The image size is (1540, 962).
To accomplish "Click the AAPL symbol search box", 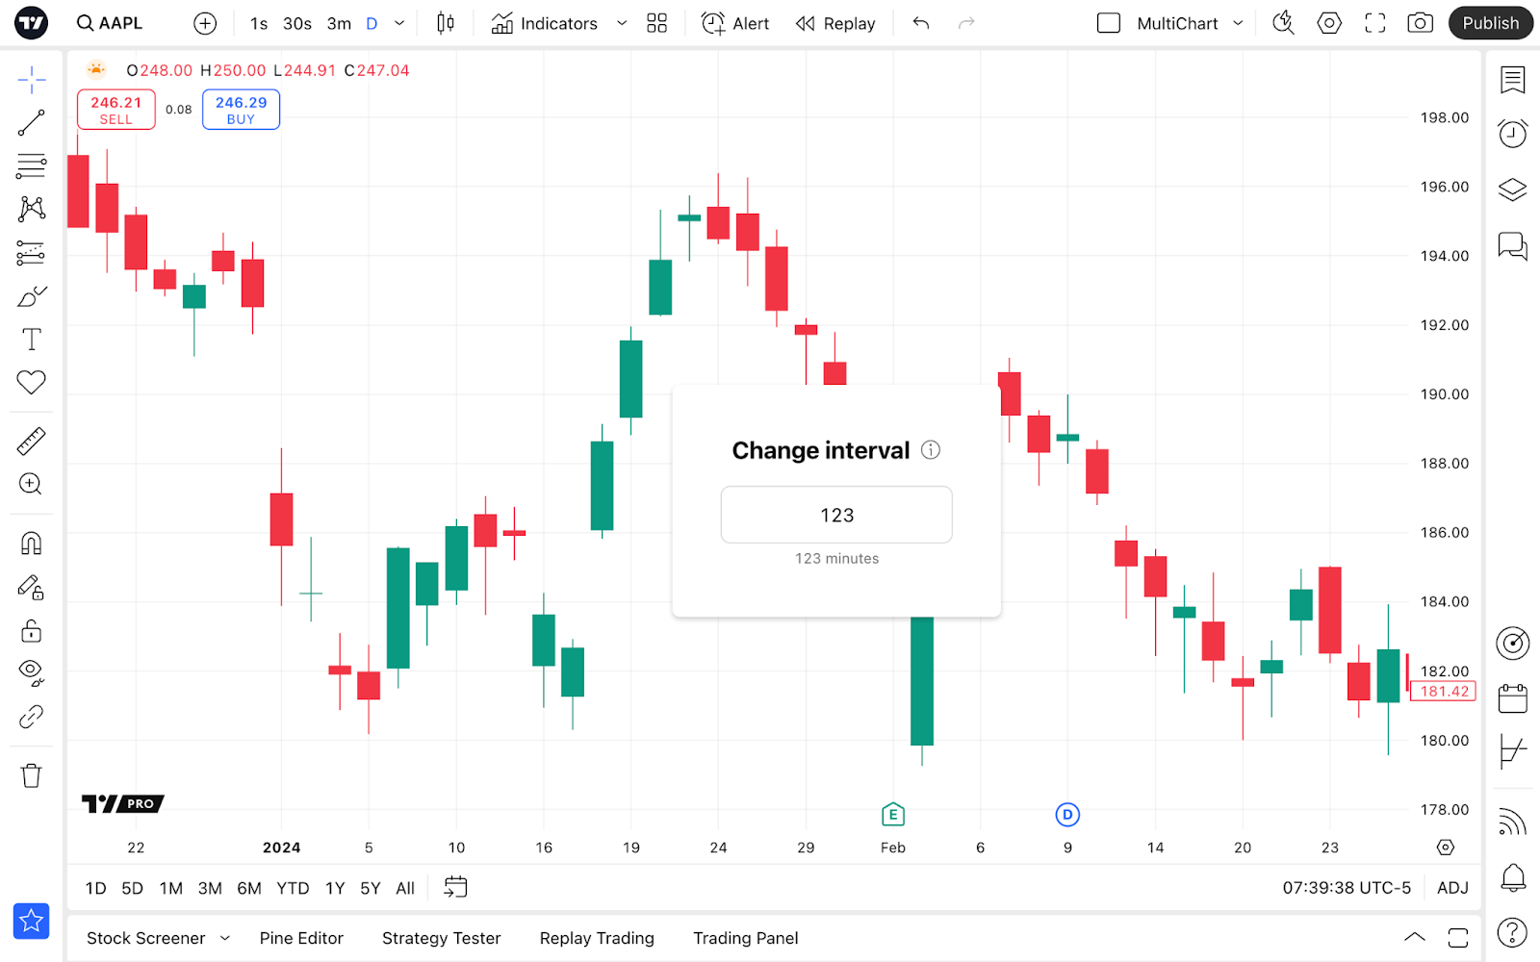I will (x=110, y=23).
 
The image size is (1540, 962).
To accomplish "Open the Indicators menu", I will (x=545, y=23).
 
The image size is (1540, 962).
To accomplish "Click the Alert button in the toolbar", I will (x=735, y=23).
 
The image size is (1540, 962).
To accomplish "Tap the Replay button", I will (x=835, y=23).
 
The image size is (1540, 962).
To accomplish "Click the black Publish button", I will (x=1490, y=23).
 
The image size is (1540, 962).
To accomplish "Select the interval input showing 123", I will (x=836, y=515).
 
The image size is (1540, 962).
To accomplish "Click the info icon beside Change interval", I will (x=931, y=450).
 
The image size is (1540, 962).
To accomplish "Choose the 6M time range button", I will (x=249, y=888).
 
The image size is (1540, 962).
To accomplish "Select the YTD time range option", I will (x=293, y=888).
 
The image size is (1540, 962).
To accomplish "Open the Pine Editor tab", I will (x=301, y=938).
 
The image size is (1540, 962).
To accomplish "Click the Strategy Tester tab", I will (x=441, y=938).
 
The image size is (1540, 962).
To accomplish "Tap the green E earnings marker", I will (x=893, y=815).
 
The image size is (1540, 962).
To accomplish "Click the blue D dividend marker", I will (x=1067, y=815).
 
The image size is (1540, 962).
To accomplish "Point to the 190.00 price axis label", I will (x=1445, y=394).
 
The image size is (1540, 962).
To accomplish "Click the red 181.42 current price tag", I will (x=1444, y=692).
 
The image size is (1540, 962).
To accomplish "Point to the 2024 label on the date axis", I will (x=281, y=848).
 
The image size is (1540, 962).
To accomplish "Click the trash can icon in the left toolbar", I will (x=31, y=775).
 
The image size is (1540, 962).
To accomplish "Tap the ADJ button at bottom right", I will (x=1452, y=888).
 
